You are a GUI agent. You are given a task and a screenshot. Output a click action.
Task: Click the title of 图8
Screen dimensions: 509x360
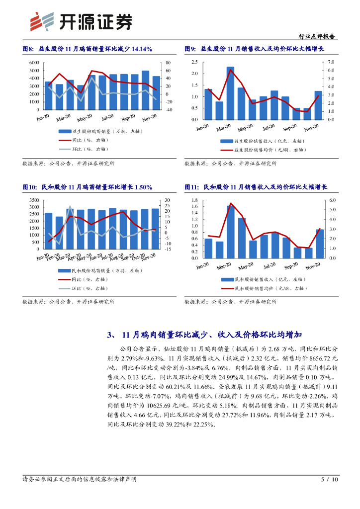[x=88, y=49]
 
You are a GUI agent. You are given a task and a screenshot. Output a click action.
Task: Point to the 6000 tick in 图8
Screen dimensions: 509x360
[x=34, y=63]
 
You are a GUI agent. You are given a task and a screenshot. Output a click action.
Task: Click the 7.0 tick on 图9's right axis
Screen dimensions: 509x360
[x=331, y=62]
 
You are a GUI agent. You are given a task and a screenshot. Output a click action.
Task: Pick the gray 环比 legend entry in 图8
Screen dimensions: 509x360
[x=83, y=149]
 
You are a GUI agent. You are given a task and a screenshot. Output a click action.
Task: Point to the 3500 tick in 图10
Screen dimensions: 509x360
[x=34, y=200]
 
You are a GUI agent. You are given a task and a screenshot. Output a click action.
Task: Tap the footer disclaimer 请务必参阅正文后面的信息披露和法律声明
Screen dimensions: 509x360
[x=80, y=480]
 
